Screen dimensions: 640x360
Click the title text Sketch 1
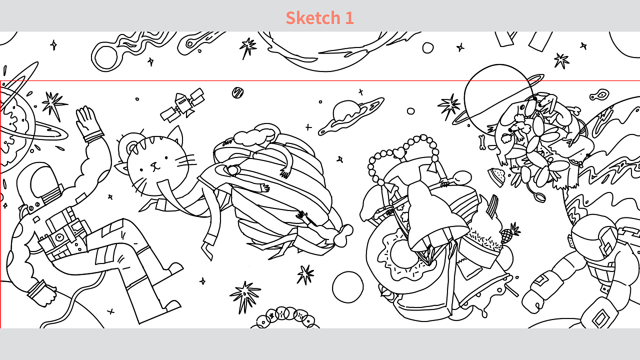(x=319, y=17)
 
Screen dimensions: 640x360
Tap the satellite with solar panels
(x=183, y=105)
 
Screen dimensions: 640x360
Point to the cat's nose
(x=154, y=164)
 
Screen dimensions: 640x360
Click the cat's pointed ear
(x=175, y=134)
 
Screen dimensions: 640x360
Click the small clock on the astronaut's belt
(x=59, y=237)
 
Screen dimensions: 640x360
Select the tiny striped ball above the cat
(x=237, y=92)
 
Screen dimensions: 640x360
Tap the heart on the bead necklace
(x=399, y=153)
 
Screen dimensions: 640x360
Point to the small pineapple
(x=509, y=233)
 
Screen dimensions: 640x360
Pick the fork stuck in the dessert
(x=492, y=205)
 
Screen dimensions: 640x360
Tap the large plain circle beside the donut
(x=347, y=287)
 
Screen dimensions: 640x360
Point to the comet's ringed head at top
(x=105, y=57)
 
